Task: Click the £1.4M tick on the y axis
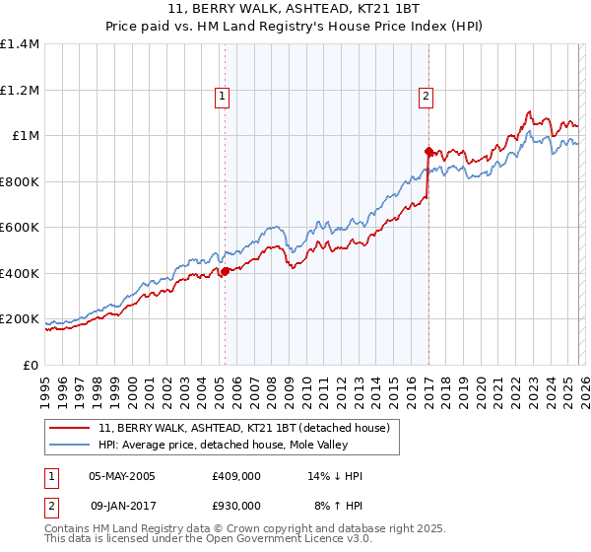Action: click(x=20, y=44)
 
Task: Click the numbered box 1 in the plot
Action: click(x=223, y=97)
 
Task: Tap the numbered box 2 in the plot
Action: click(x=426, y=97)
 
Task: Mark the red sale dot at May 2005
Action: click(x=225, y=271)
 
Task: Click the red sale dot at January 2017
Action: click(x=428, y=151)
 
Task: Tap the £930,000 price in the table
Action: click(x=236, y=505)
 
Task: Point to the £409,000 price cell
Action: click(x=236, y=476)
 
